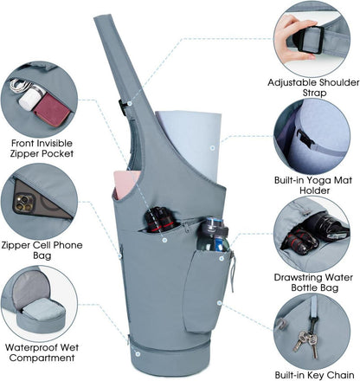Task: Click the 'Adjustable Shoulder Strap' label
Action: coord(313,87)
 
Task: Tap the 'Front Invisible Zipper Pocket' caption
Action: coord(42,148)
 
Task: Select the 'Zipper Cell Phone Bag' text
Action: coord(42,250)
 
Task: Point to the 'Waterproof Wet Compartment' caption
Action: coord(42,352)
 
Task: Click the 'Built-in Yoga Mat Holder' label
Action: coord(313,185)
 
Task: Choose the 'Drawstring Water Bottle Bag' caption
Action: coord(313,282)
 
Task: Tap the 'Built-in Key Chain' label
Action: coord(314,375)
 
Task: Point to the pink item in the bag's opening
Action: coord(126,184)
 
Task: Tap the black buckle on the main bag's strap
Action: coord(123,107)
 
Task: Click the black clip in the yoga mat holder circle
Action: coord(305,139)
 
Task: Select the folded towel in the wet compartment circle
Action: coord(42,310)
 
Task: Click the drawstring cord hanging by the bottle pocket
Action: coord(233,271)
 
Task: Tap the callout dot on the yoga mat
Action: coord(213,148)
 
